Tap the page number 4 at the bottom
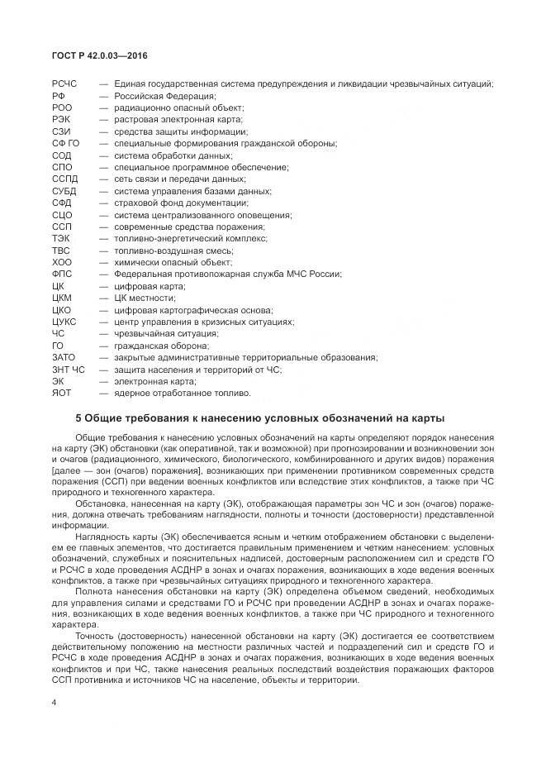54,703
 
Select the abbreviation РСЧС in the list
64,84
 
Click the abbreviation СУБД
64,191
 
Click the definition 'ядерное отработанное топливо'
182,394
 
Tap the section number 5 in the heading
78,418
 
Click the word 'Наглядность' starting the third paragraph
100,537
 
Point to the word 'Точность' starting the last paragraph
94,635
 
